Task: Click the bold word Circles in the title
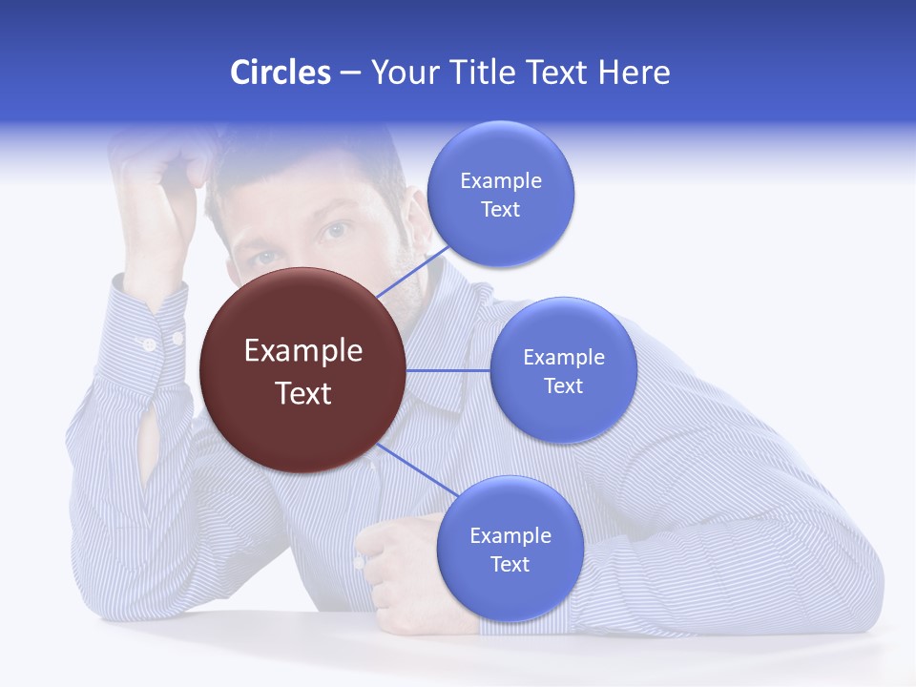tap(280, 73)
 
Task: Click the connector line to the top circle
tap(412, 271)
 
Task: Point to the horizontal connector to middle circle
tap(448, 370)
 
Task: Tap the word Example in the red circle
tap(303, 350)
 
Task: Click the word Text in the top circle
tap(500, 209)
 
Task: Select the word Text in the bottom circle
tap(510, 564)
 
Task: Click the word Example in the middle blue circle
tap(563, 357)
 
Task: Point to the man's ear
tap(417, 215)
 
